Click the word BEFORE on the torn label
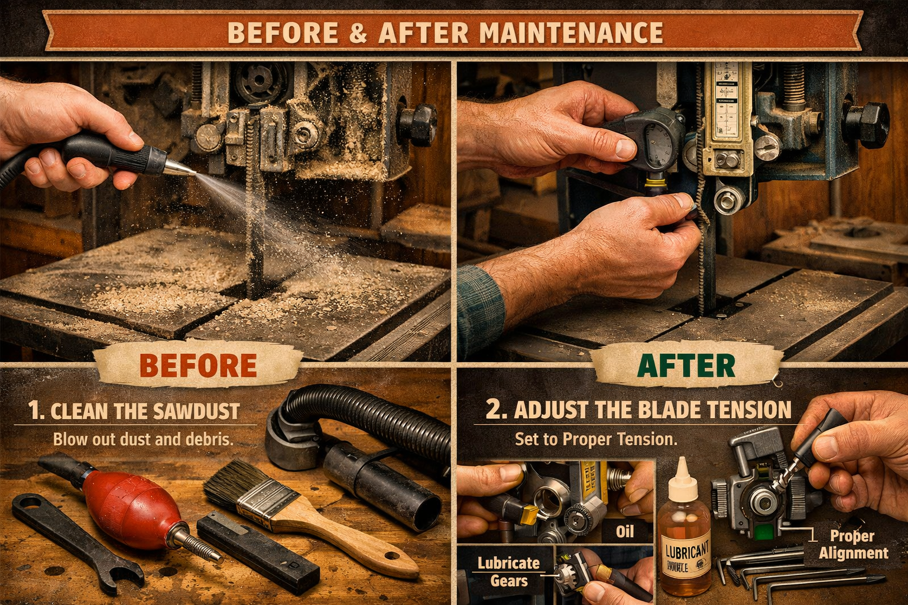198,366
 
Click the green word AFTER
686,366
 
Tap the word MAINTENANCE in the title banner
570,33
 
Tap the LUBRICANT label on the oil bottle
686,552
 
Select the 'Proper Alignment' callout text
852,544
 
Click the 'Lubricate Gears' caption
508,571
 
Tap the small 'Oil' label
625,532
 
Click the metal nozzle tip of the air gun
180,169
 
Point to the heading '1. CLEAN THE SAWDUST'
135,411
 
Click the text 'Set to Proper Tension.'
595,439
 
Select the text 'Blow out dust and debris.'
143,439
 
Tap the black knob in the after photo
867,125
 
